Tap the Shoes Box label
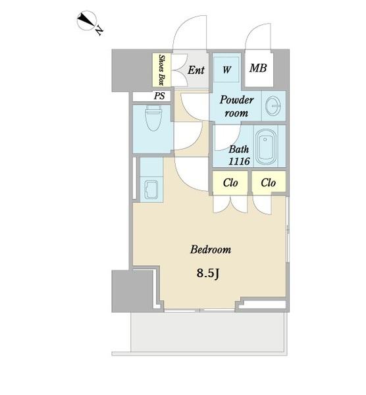[162, 70]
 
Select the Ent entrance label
[196, 70]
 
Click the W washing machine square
[226, 69]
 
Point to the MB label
[258, 68]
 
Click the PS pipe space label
[159, 95]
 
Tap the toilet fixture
[153, 118]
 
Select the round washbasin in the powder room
[273, 106]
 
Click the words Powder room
[236, 106]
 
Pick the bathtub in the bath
[266, 147]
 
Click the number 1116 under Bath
[239, 161]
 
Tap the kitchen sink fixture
[151, 189]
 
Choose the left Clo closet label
[230, 182]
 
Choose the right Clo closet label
[269, 182]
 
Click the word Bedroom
[211, 250]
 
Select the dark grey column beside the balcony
[132, 291]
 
